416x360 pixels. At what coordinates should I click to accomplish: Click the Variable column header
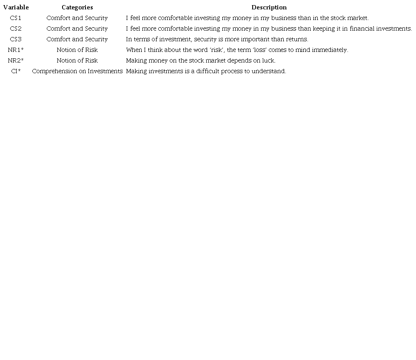click(x=16, y=7)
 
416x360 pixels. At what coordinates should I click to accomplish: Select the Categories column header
click(x=77, y=7)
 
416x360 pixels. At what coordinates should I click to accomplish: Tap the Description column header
click(x=269, y=7)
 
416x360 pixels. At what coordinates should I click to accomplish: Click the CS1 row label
click(x=16, y=18)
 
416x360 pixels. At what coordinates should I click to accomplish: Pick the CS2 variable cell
click(x=16, y=29)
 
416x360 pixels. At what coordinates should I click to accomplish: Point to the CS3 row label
click(x=16, y=39)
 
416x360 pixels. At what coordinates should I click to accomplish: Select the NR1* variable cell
click(x=16, y=50)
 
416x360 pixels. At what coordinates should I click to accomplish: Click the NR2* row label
click(x=16, y=60)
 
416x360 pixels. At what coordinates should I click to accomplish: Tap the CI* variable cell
click(x=16, y=71)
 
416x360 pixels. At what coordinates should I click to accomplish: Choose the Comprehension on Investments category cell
click(x=77, y=71)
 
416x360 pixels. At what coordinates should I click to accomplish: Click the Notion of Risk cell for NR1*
click(x=77, y=50)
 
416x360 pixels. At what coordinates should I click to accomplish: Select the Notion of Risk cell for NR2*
click(x=77, y=60)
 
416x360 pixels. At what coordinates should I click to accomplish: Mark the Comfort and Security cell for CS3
click(x=77, y=39)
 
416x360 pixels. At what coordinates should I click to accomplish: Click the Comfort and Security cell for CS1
click(x=77, y=18)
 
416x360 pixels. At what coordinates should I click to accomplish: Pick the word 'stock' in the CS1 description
click(x=338, y=18)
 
